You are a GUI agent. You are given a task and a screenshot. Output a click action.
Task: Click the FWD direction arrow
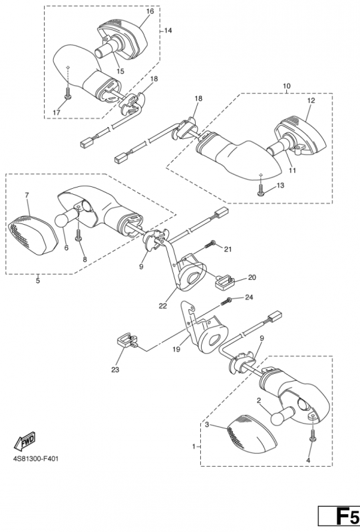click(x=24, y=440)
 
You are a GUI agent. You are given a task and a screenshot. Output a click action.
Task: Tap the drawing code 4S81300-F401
click(x=36, y=459)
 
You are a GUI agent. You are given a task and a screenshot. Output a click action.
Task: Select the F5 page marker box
click(x=339, y=516)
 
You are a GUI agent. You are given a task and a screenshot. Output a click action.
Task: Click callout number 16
click(x=150, y=11)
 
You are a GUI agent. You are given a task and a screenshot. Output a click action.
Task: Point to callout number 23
click(x=115, y=370)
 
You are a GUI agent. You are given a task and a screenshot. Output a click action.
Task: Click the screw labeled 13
click(x=261, y=190)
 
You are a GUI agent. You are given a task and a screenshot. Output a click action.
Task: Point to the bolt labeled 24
click(x=226, y=301)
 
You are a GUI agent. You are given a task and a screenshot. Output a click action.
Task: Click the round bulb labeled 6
click(x=67, y=217)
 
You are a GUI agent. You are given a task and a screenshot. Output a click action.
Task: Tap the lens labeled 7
click(x=32, y=233)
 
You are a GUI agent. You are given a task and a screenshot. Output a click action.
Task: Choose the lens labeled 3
click(x=251, y=434)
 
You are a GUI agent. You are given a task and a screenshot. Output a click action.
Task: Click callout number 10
click(x=287, y=86)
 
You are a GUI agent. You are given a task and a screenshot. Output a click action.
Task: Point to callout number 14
click(x=168, y=31)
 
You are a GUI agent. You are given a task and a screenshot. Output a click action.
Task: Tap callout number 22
click(x=162, y=306)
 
